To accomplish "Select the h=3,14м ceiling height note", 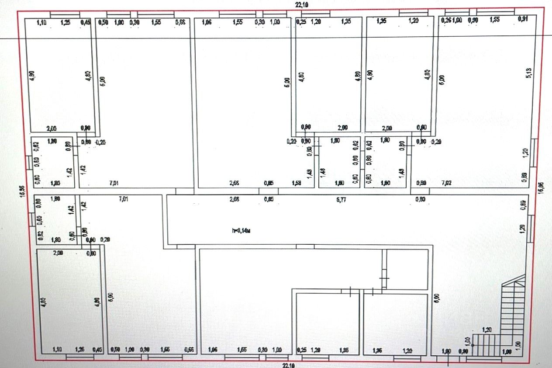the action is [x=241, y=230].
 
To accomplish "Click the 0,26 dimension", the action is [x=446, y=20].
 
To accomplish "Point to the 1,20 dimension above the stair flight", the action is [x=487, y=330].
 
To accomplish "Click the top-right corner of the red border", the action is [x=543, y=7].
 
